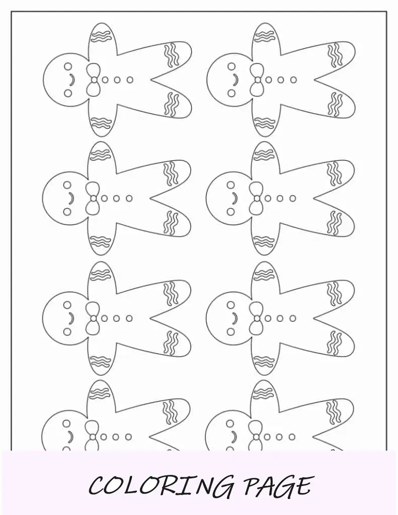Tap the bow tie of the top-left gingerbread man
click(x=94, y=80)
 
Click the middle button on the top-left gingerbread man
click(x=117, y=80)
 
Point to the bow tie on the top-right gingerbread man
click(x=257, y=80)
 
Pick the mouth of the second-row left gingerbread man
click(x=71, y=198)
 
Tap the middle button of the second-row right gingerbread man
click(x=280, y=198)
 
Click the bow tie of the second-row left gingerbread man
click(x=94, y=198)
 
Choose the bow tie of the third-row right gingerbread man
click(x=257, y=318)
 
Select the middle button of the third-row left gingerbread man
click(x=117, y=318)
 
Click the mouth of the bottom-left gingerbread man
click(x=70, y=437)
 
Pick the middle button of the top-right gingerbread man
click(x=281, y=80)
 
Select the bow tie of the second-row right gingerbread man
click(x=257, y=198)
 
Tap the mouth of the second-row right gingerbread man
click(x=234, y=198)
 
